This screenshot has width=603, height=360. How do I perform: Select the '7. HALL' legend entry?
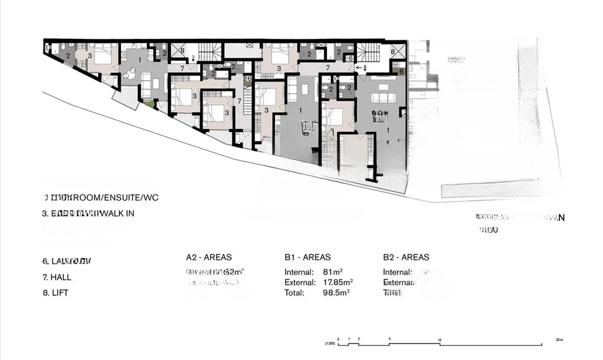(57, 277)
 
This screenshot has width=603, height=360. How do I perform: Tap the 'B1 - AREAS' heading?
(307, 257)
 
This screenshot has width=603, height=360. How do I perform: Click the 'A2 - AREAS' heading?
(209, 257)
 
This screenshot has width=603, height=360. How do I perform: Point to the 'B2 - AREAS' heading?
(406, 257)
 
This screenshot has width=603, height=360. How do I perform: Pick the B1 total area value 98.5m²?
(336, 292)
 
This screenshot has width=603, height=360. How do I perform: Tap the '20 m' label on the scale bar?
(559, 339)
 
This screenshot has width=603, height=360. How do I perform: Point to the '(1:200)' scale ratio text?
(330, 344)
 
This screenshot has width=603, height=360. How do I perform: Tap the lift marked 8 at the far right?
(393, 52)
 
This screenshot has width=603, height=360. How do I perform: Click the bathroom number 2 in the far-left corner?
(68, 56)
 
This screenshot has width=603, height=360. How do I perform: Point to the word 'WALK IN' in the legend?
(118, 213)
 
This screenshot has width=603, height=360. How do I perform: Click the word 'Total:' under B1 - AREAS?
(294, 292)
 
